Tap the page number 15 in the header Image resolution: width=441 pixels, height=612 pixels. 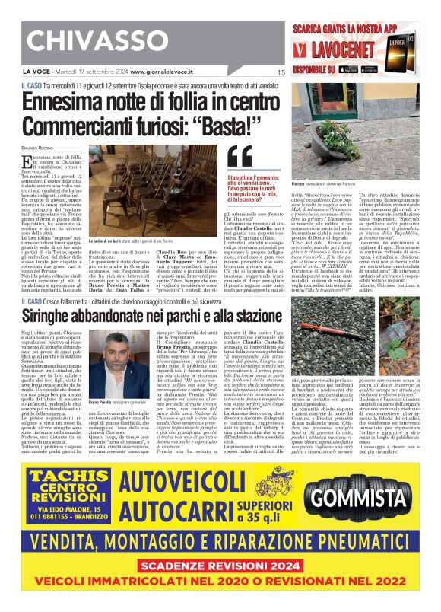point(281,73)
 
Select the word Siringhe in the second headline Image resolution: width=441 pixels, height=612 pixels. point(62,314)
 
